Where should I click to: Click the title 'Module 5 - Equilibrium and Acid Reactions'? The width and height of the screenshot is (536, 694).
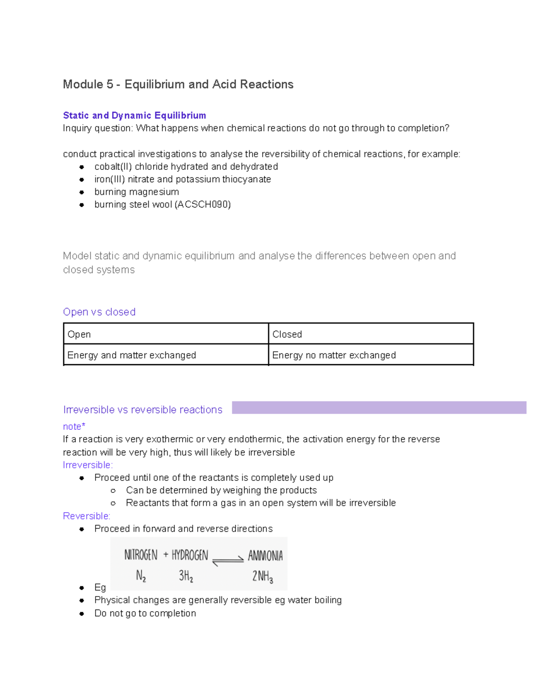(178, 84)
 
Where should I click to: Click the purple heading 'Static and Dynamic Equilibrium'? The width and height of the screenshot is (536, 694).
(134, 116)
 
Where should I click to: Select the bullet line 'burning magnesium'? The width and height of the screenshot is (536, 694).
(136, 192)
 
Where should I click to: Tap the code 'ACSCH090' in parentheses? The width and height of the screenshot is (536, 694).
(203, 205)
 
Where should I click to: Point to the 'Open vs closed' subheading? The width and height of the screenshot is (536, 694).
(99, 312)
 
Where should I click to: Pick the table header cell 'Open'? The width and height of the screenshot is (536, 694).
(79, 334)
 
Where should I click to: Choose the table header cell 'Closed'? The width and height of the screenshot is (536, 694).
(287, 334)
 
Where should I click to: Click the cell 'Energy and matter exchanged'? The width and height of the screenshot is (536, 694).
(131, 355)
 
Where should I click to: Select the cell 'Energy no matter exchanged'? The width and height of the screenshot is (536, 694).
(334, 355)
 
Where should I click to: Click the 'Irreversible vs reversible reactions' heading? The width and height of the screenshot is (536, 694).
(142, 410)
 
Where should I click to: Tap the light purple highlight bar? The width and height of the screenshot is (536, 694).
(379, 408)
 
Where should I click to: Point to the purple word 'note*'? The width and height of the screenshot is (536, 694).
(74, 426)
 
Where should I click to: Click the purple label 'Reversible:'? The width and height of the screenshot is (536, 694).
(87, 516)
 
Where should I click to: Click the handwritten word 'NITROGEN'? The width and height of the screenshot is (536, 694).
(141, 555)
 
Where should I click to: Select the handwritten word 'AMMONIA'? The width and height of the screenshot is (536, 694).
(265, 556)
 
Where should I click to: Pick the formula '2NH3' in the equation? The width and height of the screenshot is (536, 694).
(263, 576)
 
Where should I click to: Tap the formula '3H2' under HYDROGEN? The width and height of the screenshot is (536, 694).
(186, 576)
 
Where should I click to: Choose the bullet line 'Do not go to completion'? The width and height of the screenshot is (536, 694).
(145, 614)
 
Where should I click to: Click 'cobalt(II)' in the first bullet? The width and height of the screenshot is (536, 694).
(113, 167)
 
